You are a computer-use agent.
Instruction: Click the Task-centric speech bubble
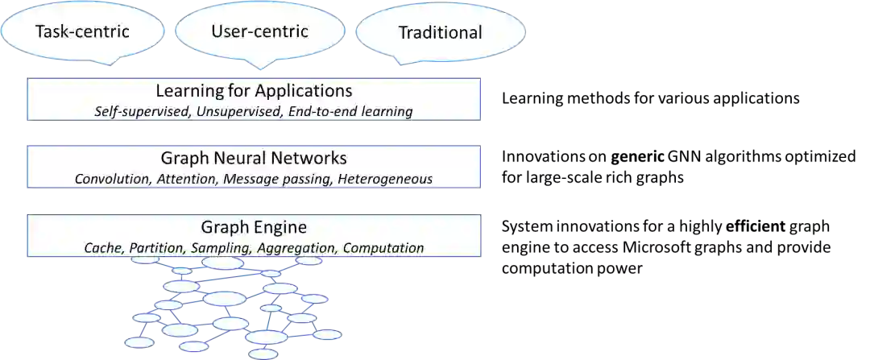pyautogui.click(x=82, y=33)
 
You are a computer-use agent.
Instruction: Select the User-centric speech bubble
pyautogui.click(x=259, y=32)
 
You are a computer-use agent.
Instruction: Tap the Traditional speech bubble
pyautogui.click(x=441, y=33)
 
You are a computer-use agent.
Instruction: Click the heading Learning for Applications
pyautogui.click(x=254, y=90)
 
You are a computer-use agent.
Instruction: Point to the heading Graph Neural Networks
pyautogui.click(x=254, y=158)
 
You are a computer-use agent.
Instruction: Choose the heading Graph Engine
pyautogui.click(x=254, y=227)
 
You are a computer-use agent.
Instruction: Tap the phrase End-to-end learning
pyautogui.click(x=349, y=111)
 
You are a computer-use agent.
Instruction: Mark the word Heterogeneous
pyautogui.click(x=385, y=179)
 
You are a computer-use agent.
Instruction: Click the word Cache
pyautogui.click(x=104, y=247)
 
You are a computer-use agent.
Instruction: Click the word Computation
pyautogui.click(x=383, y=247)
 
